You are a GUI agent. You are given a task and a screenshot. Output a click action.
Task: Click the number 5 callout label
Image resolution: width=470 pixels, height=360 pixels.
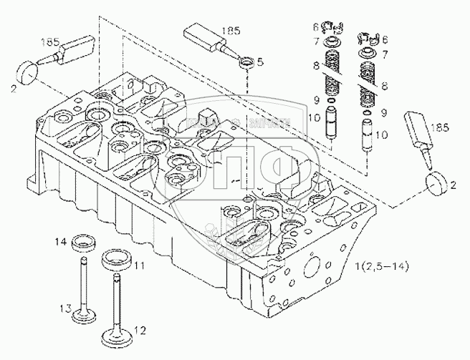259,63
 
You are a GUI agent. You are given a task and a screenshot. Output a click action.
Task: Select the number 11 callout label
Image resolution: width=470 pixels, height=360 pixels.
139,266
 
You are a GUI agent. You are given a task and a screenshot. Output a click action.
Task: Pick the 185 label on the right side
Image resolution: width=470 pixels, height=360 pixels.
441,126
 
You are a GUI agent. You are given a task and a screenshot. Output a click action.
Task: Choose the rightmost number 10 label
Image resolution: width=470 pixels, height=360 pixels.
381,135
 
